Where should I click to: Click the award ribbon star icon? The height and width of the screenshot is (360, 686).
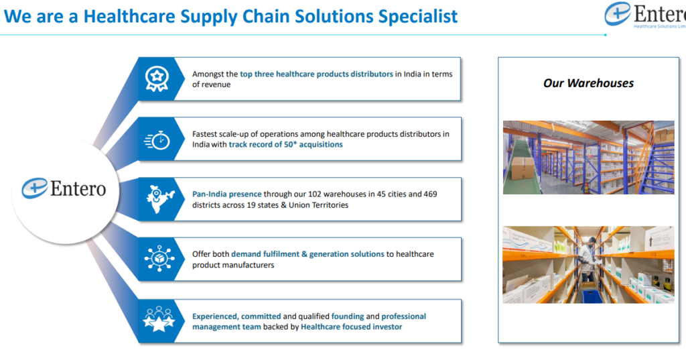click(x=157, y=78)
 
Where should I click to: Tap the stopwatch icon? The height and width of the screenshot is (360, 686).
click(x=157, y=140)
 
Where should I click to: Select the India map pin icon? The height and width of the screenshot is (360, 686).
click(x=159, y=199)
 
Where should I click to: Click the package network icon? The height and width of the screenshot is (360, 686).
click(x=159, y=259)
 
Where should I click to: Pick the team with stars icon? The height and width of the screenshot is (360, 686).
click(x=159, y=319)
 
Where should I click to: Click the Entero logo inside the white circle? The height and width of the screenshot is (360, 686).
click(x=64, y=189)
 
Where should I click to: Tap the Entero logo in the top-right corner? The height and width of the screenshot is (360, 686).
click(x=645, y=15)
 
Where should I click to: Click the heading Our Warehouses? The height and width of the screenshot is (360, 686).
click(x=588, y=83)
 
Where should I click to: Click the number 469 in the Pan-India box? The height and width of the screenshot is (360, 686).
click(x=430, y=194)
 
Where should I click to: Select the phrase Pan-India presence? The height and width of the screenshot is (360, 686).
click(x=226, y=194)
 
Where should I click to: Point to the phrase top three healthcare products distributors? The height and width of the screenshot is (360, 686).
click(x=316, y=74)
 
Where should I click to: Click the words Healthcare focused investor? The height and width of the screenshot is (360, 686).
click(x=351, y=326)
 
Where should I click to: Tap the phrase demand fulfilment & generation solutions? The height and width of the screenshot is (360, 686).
click(x=307, y=254)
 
